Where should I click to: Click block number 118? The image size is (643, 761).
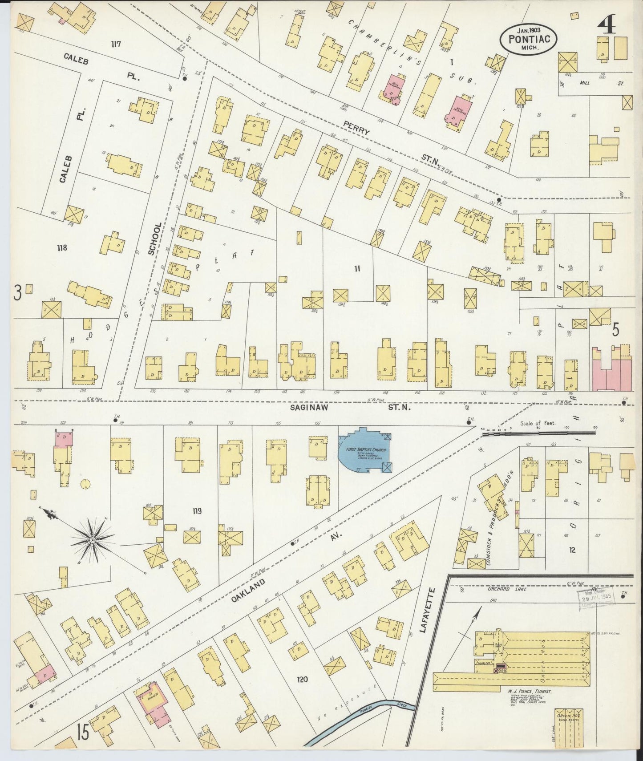point(62,247)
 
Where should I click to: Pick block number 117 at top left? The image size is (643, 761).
point(117,44)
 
